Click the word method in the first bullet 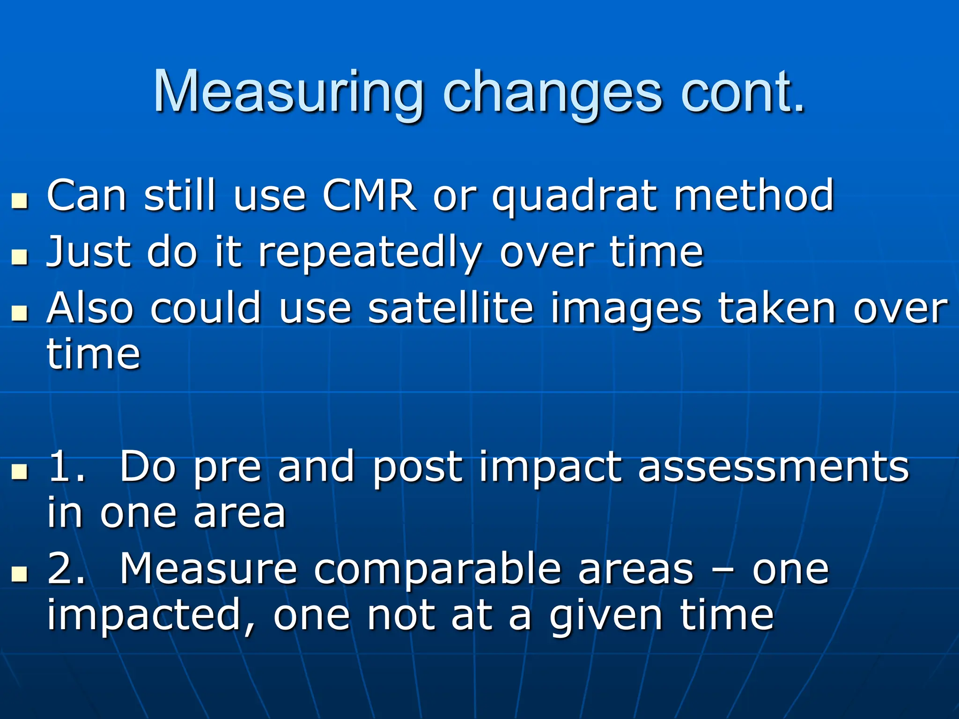click(x=754, y=195)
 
